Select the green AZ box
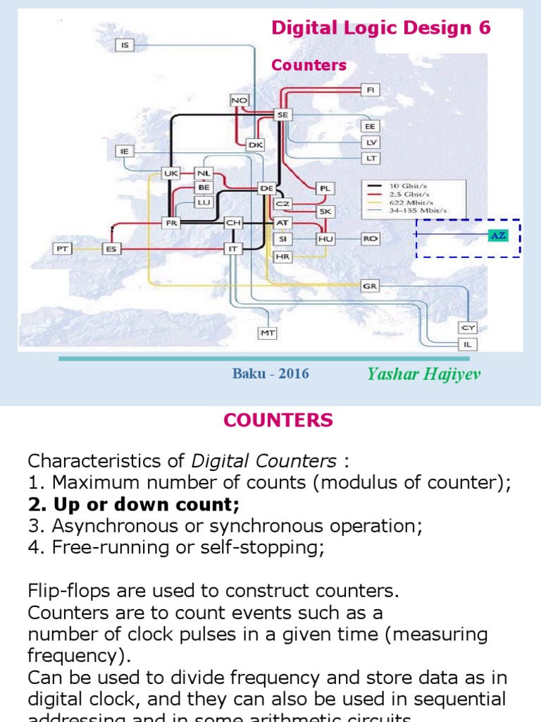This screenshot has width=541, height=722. (x=498, y=235)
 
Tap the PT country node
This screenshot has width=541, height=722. (x=62, y=248)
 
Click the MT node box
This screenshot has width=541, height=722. (x=268, y=332)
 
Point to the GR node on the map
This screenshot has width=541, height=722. (x=370, y=286)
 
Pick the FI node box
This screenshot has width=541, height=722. (x=371, y=90)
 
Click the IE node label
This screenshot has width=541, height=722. (x=125, y=151)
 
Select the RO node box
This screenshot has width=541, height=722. (x=370, y=239)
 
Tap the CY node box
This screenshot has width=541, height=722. (x=468, y=328)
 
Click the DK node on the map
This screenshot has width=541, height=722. (x=255, y=145)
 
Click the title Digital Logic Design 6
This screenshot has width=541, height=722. (x=381, y=28)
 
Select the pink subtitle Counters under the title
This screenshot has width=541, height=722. (x=309, y=66)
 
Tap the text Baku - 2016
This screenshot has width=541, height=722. (x=270, y=374)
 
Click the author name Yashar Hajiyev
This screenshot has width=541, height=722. (x=424, y=374)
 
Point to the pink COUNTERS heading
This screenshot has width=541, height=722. (x=278, y=421)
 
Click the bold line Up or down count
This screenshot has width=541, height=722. (x=134, y=505)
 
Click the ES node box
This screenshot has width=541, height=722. (x=111, y=248)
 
